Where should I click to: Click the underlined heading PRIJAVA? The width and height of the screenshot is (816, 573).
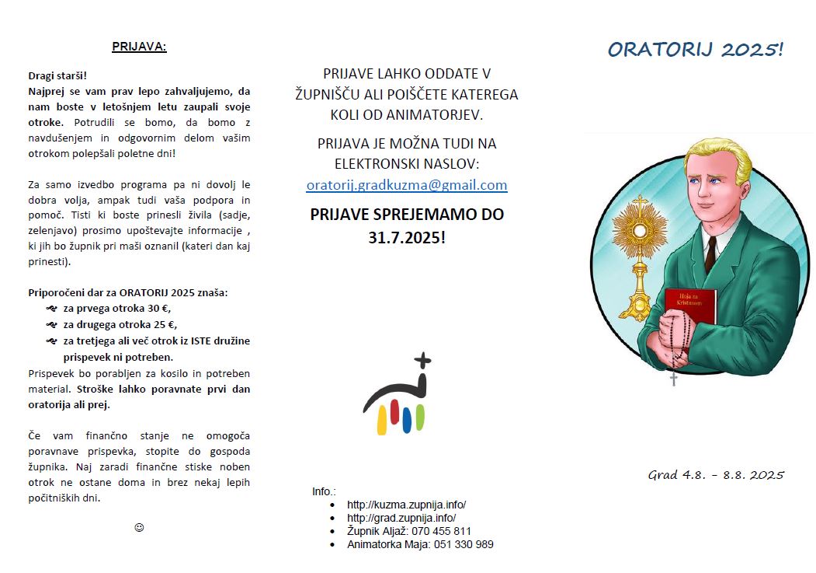pos(139,47)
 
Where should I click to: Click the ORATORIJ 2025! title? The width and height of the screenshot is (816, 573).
pos(696,50)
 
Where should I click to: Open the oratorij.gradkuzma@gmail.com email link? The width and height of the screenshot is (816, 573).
pos(407,185)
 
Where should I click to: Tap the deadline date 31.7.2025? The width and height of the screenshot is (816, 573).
pos(407,237)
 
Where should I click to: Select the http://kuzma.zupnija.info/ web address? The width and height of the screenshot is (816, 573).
pos(406,505)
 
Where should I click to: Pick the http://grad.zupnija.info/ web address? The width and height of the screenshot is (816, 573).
pos(401,518)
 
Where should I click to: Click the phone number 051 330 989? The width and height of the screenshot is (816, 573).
pos(464,544)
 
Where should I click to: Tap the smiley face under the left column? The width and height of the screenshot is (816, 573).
pos(139,527)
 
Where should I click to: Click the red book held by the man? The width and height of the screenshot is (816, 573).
pos(689,305)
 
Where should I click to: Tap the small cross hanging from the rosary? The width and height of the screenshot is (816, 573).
pos(674,379)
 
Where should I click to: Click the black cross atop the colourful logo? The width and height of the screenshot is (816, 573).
pos(422,361)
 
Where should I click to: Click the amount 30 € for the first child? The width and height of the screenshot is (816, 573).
pos(158,309)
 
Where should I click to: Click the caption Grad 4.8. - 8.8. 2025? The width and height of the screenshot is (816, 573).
pos(716,474)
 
